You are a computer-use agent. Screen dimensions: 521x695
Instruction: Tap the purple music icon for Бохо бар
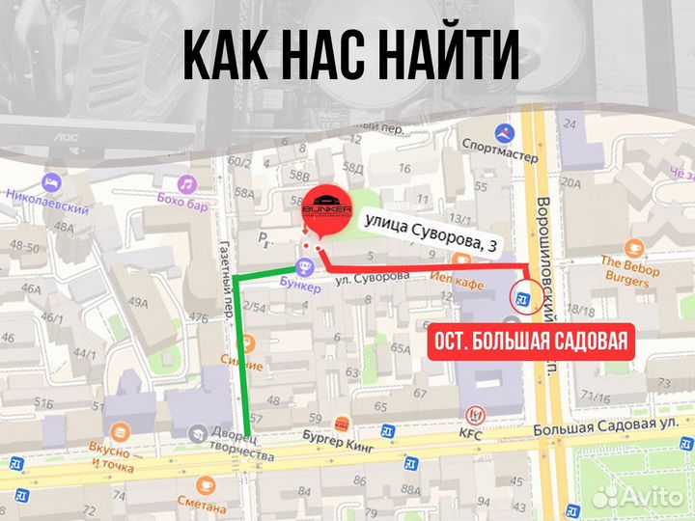point(186,183)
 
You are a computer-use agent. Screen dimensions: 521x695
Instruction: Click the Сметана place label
point(201,501)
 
